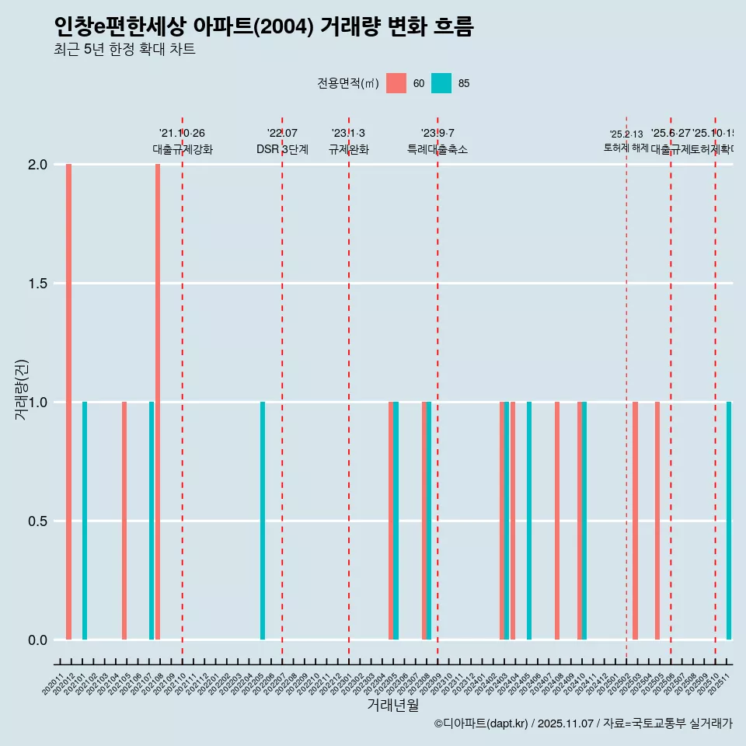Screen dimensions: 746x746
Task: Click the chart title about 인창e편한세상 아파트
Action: pyautogui.click(x=263, y=26)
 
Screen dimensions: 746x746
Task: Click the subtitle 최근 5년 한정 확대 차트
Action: pyautogui.click(x=124, y=50)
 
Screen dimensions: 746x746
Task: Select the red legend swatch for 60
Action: pyautogui.click(x=396, y=83)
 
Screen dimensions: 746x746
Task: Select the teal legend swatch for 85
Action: pyautogui.click(x=441, y=83)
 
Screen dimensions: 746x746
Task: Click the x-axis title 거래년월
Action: pyautogui.click(x=392, y=706)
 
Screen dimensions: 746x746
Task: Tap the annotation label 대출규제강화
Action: pyautogui.click(x=182, y=149)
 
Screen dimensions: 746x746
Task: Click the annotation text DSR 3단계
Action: pyautogui.click(x=282, y=149)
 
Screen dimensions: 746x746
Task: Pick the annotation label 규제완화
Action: pyautogui.click(x=348, y=149)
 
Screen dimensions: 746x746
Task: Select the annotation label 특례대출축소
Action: pyautogui.click(x=437, y=149)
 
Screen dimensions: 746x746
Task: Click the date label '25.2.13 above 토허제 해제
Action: pyautogui.click(x=626, y=134)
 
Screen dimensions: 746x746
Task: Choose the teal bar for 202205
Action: pyautogui.click(x=263, y=521)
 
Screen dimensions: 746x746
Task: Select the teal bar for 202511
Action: pyautogui.click(x=729, y=521)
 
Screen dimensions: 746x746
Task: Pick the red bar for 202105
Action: pyautogui.click(x=124, y=521)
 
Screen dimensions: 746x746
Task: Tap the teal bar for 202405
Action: pyautogui.click(x=529, y=521)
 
